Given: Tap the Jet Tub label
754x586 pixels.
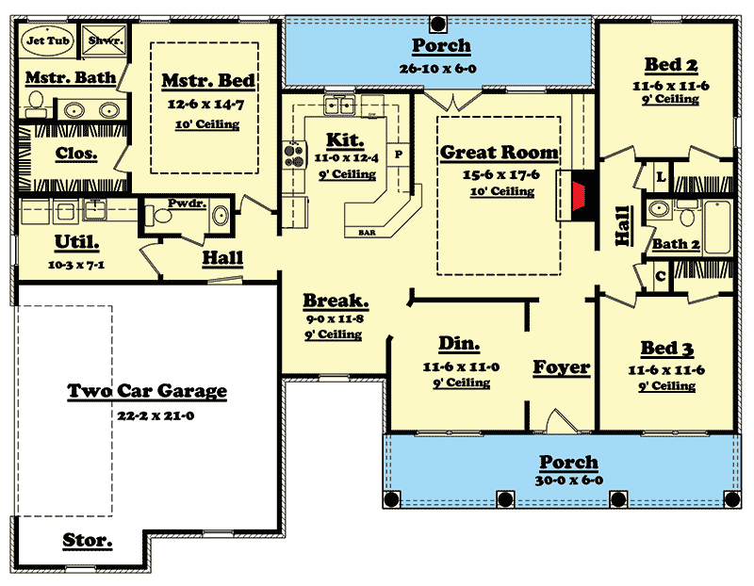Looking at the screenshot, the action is click(48, 41).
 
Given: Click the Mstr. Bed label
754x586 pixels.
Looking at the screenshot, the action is click(208, 80).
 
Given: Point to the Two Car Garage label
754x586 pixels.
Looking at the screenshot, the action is click(147, 390).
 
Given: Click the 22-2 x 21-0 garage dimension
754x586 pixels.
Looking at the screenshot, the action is click(156, 415).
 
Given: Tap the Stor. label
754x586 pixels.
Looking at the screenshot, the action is click(88, 540).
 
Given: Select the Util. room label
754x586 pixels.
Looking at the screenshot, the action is click(77, 242).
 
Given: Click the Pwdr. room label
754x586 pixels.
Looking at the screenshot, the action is click(187, 203).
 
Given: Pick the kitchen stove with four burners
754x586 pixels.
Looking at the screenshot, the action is click(295, 155).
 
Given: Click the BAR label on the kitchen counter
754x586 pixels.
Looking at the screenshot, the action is click(367, 233).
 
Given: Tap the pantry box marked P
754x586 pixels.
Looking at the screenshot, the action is click(399, 155).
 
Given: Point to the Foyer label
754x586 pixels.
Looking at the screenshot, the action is click(562, 367).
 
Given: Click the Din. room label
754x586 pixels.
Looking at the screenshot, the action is click(459, 343).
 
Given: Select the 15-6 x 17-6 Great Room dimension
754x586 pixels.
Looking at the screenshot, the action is click(501, 174).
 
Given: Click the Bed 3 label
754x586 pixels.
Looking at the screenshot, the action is click(667, 348).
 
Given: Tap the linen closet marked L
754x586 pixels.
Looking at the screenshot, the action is click(662, 177).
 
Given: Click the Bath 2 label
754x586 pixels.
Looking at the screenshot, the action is click(676, 244).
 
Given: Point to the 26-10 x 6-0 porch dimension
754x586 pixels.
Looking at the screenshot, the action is click(437, 69).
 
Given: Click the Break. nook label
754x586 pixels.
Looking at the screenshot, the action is click(336, 301).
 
